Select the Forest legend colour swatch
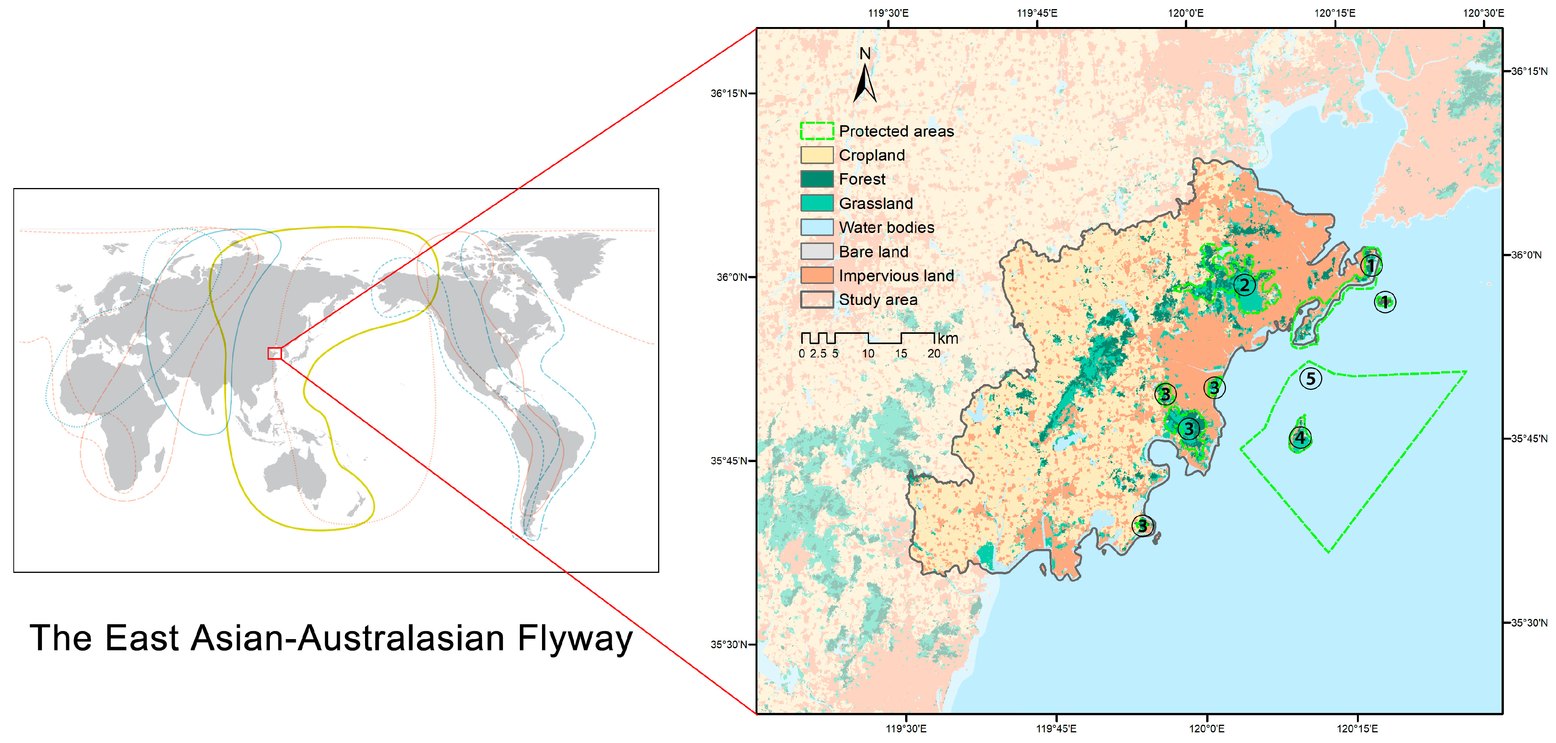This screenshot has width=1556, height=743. tap(817, 179)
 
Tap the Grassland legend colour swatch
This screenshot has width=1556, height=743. tap(817, 204)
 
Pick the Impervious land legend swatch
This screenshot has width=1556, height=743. tap(817, 276)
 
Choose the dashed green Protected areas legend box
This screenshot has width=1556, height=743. tap(817, 131)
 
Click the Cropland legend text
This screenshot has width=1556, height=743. tap(872, 155)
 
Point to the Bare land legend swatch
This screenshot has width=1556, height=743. tap(817, 252)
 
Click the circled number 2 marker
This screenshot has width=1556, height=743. tap(1244, 285)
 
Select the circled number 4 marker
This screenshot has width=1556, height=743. tap(1300, 437)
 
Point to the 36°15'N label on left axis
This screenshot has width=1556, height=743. tap(729, 94)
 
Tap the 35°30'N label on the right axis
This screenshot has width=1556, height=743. tap(1529, 623)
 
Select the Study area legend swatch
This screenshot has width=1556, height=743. tap(817, 300)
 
